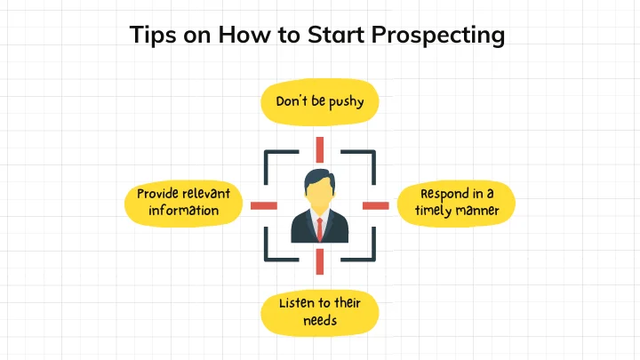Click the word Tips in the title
(153, 35)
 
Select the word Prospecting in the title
(438, 36)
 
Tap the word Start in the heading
(336, 35)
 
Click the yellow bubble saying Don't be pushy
(320, 102)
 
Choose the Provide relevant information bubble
(184, 204)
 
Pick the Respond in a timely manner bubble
(456, 204)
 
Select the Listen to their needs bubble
(320, 313)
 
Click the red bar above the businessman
(320, 150)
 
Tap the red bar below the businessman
(320, 261)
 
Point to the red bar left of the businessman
(264, 205)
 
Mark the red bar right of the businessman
(376, 205)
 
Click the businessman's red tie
(320, 229)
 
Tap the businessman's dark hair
(319, 179)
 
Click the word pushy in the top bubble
(346, 102)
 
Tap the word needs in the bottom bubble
(320, 321)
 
